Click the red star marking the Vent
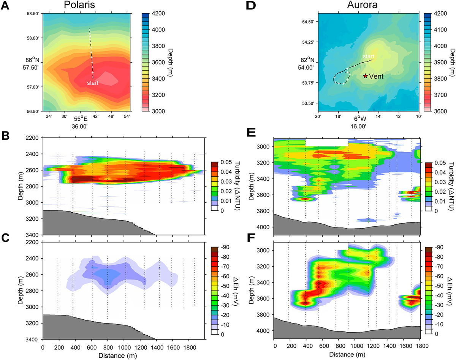365,76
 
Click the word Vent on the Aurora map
376,76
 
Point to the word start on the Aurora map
368,56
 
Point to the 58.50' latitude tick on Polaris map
33,14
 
